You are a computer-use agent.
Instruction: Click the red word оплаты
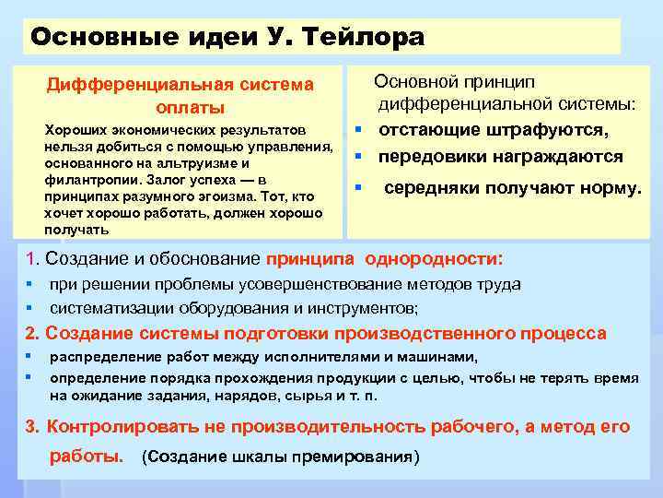pos(180,108)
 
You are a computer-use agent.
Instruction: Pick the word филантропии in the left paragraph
pos(81,179)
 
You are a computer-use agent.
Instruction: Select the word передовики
pos(436,157)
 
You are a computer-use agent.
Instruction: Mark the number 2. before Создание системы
pos(33,333)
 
